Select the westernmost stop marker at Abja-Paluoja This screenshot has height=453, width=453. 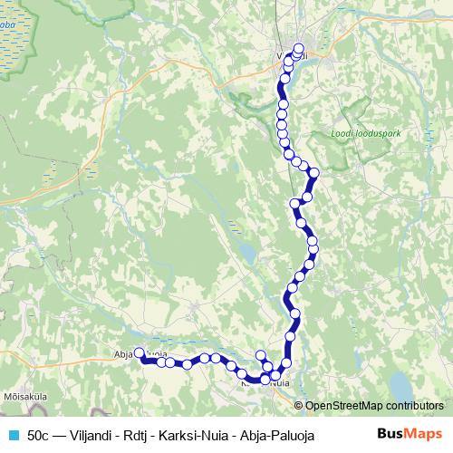[x=140, y=354]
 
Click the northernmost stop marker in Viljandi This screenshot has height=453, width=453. [x=300, y=49]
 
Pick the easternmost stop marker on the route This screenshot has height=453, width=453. [x=314, y=172]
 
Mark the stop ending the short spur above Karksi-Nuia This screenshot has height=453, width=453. [x=261, y=355]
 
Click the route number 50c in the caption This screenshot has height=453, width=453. [x=39, y=435]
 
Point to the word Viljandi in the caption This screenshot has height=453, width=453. [x=93, y=435]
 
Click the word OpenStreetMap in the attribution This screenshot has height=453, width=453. [x=345, y=406]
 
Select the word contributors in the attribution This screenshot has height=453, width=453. [x=415, y=406]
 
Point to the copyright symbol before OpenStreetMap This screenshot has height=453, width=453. [x=298, y=406]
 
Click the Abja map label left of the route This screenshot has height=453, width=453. [x=122, y=354]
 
